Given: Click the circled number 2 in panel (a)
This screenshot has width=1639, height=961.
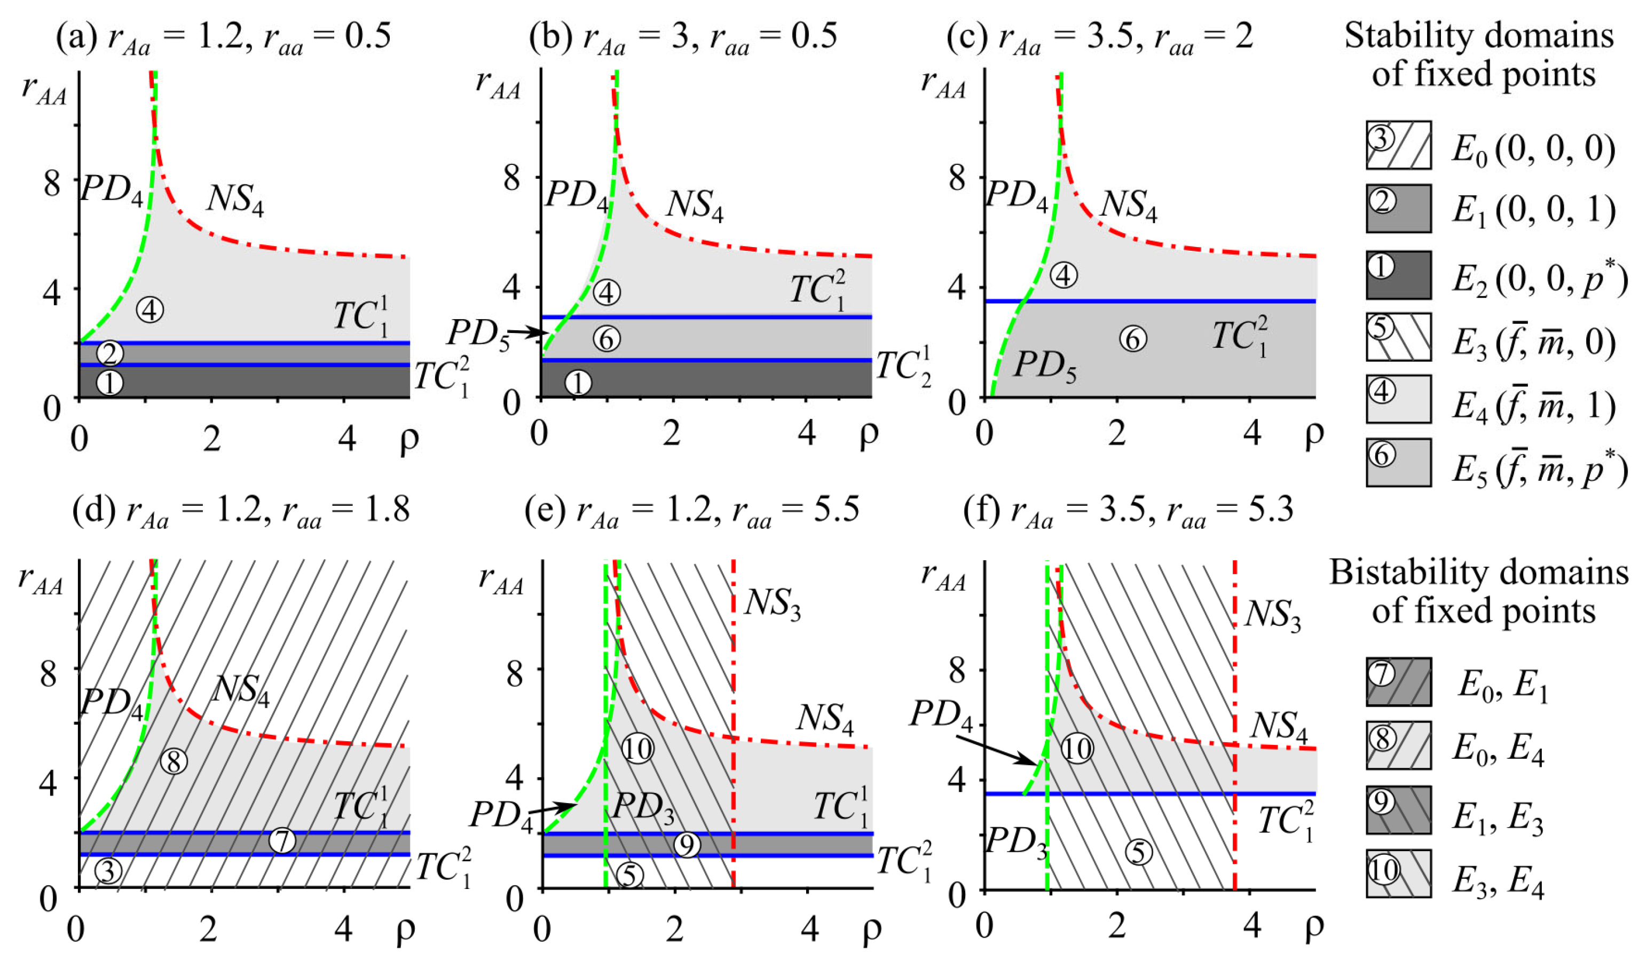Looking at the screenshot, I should [x=110, y=353].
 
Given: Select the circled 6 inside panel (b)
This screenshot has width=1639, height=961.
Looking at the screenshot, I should [x=607, y=339].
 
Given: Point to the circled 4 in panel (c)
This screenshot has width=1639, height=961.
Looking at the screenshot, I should [x=1063, y=275].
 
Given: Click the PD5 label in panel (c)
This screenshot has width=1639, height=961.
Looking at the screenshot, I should [x=1045, y=366].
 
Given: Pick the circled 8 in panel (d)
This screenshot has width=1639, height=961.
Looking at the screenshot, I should [x=174, y=761].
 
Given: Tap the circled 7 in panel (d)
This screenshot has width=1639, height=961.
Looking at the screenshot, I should [x=282, y=840].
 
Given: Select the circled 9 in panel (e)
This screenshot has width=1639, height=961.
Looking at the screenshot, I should [x=687, y=844].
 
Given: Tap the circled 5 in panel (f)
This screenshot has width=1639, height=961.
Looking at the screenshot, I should [x=1138, y=852].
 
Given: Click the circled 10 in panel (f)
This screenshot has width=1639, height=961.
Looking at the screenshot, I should [x=1077, y=749].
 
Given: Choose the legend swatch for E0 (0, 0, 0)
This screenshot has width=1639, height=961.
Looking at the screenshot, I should [x=1398, y=145].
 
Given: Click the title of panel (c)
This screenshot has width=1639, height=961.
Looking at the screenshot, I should [x=1099, y=36].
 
